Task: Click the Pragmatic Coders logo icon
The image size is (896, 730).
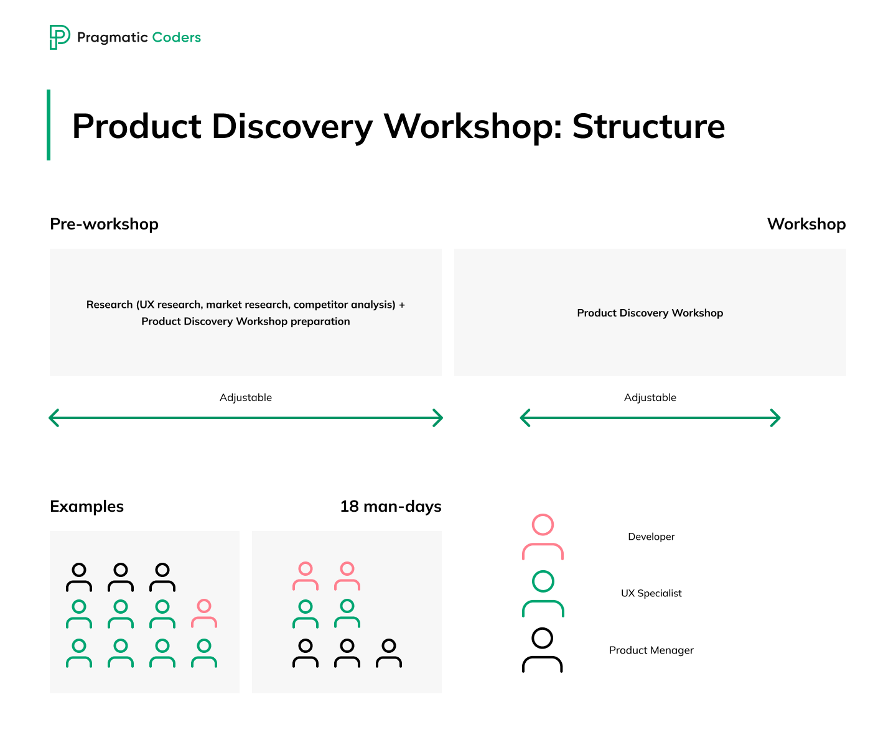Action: click(60, 37)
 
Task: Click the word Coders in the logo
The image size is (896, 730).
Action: click(176, 37)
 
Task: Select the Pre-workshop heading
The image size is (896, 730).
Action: click(104, 224)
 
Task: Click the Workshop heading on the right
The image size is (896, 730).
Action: click(806, 224)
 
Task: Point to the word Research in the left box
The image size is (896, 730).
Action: click(110, 304)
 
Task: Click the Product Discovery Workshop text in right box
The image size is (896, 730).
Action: click(650, 313)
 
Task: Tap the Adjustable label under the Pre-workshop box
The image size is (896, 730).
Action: click(246, 397)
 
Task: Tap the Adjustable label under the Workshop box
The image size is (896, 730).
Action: click(650, 397)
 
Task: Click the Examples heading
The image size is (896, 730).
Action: click(86, 506)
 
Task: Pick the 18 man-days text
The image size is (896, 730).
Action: click(390, 506)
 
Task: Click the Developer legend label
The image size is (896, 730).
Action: click(651, 537)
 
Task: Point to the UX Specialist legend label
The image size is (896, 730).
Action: click(651, 593)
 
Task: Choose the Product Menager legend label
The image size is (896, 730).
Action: click(651, 650)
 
